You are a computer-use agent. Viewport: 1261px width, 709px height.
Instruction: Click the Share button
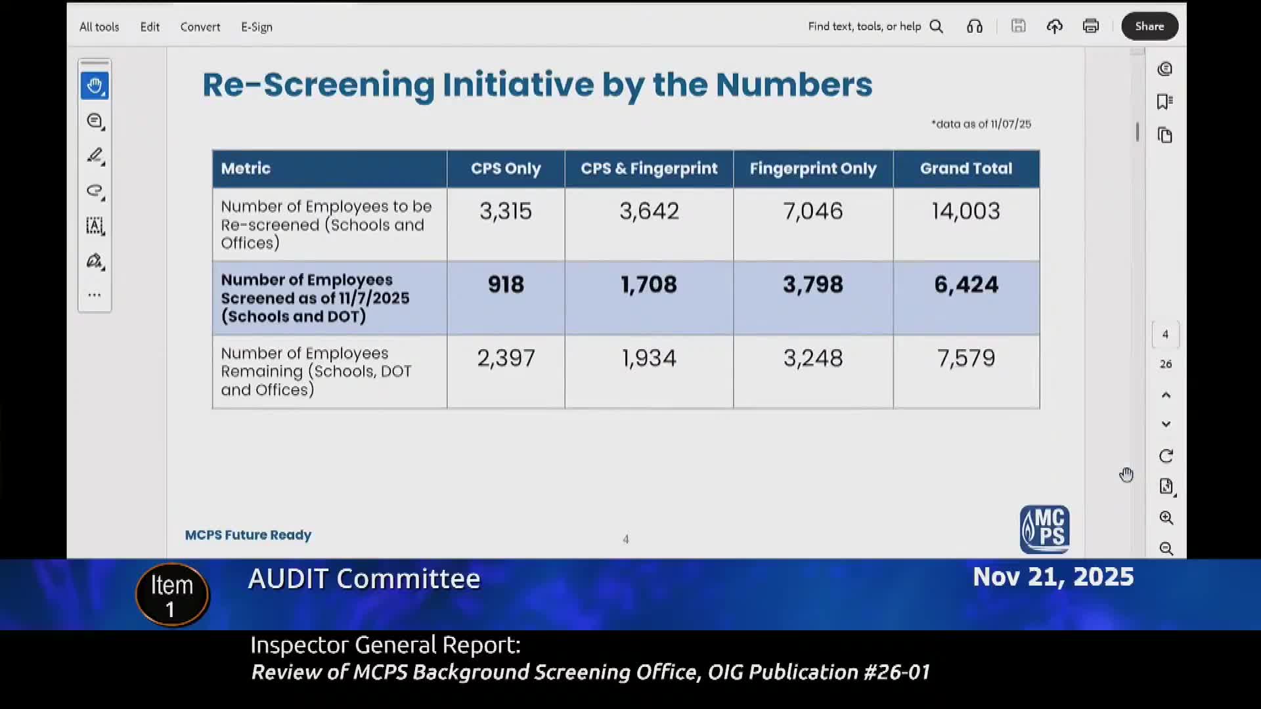(1149, 26)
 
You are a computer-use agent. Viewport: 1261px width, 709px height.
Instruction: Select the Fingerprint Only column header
(812, 169)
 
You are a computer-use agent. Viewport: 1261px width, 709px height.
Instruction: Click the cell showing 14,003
(965, 211)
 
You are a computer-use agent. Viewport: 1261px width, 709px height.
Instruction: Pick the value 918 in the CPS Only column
(506, 285)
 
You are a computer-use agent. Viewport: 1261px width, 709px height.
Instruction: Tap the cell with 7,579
(965, 358)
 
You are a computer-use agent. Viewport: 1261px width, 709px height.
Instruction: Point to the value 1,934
(648, 358)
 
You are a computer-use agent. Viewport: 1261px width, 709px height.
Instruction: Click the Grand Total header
(965, 169)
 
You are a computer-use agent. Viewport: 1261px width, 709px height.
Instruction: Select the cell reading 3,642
(648, 211)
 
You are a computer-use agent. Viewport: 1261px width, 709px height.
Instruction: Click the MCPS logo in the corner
(1044, 529)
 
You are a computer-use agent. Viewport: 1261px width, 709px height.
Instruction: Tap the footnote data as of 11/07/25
(981, 124)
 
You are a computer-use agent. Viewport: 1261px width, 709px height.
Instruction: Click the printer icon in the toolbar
(1090, 26)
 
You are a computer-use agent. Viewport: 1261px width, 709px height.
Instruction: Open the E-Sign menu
(256, 27)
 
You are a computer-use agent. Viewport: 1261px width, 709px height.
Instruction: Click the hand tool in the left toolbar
(95, 86)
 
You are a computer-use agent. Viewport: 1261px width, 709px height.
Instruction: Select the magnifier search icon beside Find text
(937, 26)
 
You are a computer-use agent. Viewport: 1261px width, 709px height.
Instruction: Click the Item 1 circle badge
(172, 595)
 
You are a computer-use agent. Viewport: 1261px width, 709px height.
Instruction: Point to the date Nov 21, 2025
(1053, 577)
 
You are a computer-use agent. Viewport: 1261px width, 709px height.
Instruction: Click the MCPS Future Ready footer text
(248, 535)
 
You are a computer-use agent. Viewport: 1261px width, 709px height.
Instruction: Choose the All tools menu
(99, 27)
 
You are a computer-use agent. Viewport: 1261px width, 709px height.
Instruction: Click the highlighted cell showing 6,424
(965, 285)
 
